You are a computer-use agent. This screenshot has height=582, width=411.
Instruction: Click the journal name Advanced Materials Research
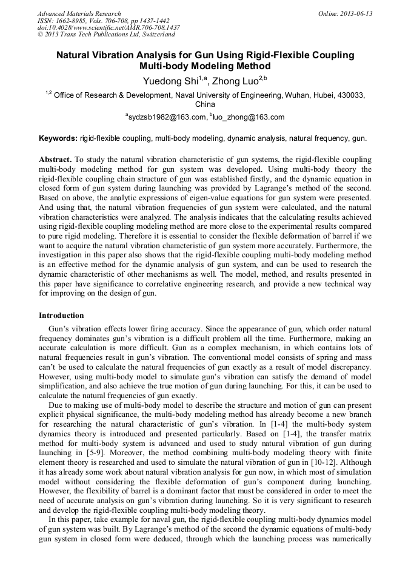tap(79, 13)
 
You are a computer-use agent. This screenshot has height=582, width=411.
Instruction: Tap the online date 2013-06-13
tap(357, 13)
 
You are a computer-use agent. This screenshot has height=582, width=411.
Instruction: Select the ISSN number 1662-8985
tap(71, 21)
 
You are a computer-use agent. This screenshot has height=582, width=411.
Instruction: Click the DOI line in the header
tap(109, 28)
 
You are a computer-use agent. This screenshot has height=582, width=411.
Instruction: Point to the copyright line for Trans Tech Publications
tap(105, 35)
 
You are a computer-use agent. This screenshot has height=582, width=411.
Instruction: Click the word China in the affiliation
tap(206, 104)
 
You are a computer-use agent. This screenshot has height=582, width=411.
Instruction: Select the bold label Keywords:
tap(58, 138)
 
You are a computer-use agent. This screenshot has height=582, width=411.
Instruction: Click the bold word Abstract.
tap(55, 158)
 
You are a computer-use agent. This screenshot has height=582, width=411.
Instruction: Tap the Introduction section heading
tap(61, 316)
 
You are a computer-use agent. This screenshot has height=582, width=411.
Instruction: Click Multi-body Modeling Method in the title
tap(205, 66)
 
